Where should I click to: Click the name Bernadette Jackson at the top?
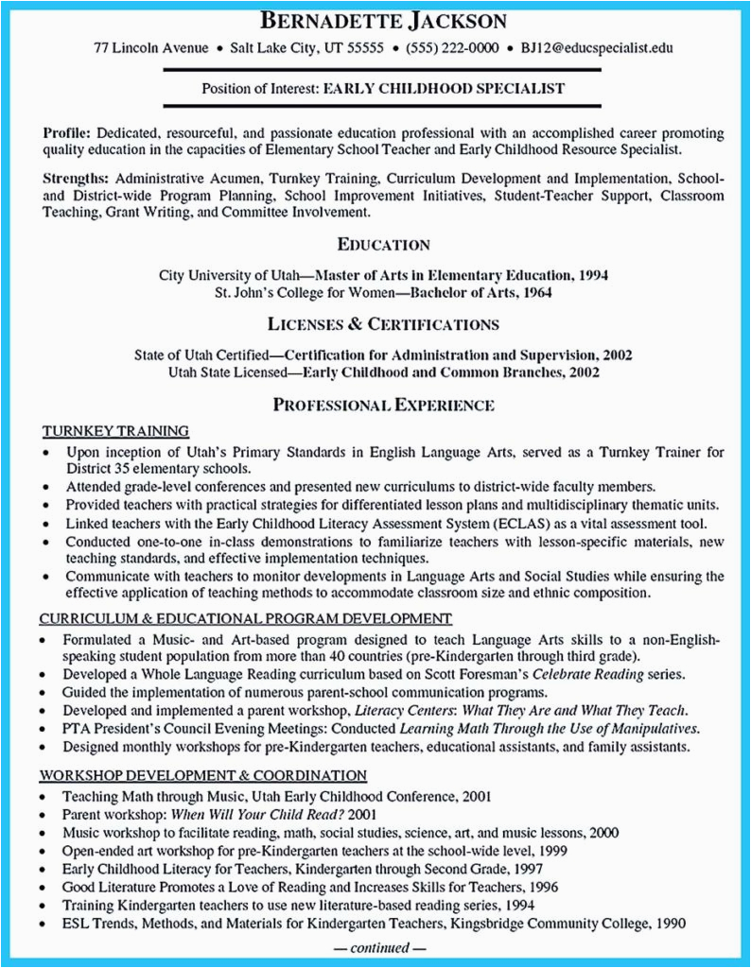pos(375,21)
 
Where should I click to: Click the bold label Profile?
pos(66,133)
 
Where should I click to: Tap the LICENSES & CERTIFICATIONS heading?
pos(383,323)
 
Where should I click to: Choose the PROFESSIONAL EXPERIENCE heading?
pos(383,406)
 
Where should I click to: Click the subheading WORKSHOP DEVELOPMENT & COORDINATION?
pos(202,775)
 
